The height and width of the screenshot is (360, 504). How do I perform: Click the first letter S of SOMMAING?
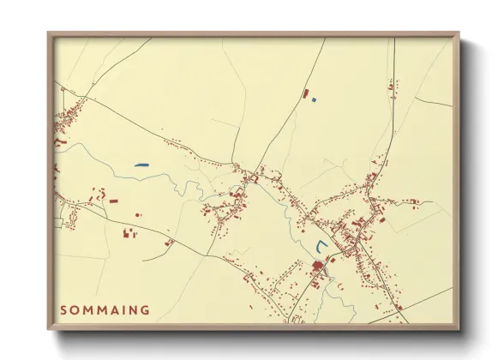pyautogui.click(x=64, y=309)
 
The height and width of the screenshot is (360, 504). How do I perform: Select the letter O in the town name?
pyautogui.click(x=76, y=309)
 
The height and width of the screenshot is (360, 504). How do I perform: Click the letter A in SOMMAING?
pyautogui.click(x=112, y=309)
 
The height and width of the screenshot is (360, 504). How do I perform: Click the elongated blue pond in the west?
pyautogui.click(x=141, y=165)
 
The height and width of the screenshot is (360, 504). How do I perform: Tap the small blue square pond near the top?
pyautogui.click(x=314, y=100)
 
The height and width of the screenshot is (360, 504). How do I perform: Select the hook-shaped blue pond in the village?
pyautogui.click(x=321, y=248)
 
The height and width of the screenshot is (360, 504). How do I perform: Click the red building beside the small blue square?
pyautogui.click(x=304, y=92)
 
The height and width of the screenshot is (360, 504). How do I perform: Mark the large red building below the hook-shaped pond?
pyautogui.click(x=317, y=267)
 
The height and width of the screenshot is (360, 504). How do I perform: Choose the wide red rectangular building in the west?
pyautogui.click(x=113, y=201)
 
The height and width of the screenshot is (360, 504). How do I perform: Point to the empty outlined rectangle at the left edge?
pyautogui.click(x=57, y=223)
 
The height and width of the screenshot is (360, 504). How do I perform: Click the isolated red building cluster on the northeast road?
pyautogui.click(x=392, y=86)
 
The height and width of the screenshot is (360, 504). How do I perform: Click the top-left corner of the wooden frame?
pyautogui.click(x=49, y=33)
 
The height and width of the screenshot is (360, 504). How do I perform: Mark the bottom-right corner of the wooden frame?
pyautogui.click(x=459, y=330)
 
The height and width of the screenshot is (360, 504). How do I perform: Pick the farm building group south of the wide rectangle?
pyautogui.click(x=130, y=231)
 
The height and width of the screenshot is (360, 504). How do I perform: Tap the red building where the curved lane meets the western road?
pyautogui.click(x=169, y=243)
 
